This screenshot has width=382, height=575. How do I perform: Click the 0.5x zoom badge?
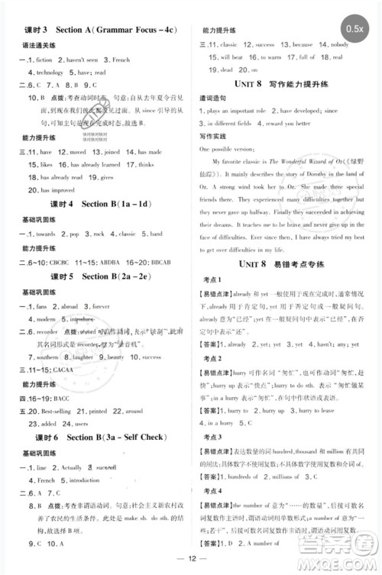(x=354, y=28)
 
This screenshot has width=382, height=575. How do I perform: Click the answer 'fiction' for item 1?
(x=44, y=59)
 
